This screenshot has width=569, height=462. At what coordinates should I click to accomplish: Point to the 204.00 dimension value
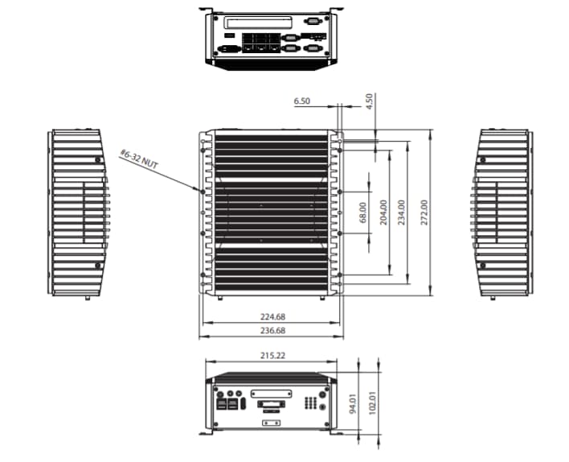click(x=383, y=212)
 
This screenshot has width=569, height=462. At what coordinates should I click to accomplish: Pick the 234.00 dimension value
click(x=402, y=212)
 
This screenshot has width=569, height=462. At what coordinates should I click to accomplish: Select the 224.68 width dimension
click(x=272, y=316)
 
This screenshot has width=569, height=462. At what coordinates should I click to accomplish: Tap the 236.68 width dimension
click(x=272, y=330)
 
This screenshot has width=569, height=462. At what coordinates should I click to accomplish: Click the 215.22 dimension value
click(x=270, y=355)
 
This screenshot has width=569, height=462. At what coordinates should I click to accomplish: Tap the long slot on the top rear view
click(x=258, y=21)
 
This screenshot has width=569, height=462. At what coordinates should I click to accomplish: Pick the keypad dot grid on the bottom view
click(x=310, y=402)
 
